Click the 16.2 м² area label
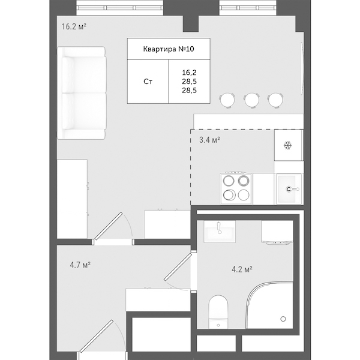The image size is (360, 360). tap(74, 26)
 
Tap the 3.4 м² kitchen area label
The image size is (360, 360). tap(209, 140)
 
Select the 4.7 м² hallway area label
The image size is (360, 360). tap(80, 265)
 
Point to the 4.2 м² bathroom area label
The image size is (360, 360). tap(242, 269)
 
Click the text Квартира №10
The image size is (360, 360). tap(169, 49)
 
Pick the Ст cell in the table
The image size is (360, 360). tap(148, 82)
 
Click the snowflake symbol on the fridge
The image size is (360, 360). tap(287, 145)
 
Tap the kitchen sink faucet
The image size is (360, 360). tap(292, 189)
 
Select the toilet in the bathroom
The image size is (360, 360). tap(218, 312)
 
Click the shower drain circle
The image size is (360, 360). tap(283, 319)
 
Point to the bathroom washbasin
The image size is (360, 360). tap(220, 232)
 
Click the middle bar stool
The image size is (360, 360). tap(251, 100)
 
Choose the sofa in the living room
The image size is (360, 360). tap(82, 93)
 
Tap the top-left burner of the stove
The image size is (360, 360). tap(228, 181)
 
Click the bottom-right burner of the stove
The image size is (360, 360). tap(244, 195)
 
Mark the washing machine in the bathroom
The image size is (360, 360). tap(277, 232)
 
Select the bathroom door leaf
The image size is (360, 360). tap(178, 267)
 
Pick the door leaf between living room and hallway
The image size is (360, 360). tap(108, 226)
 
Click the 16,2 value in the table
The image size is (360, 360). tap(189, 73)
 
